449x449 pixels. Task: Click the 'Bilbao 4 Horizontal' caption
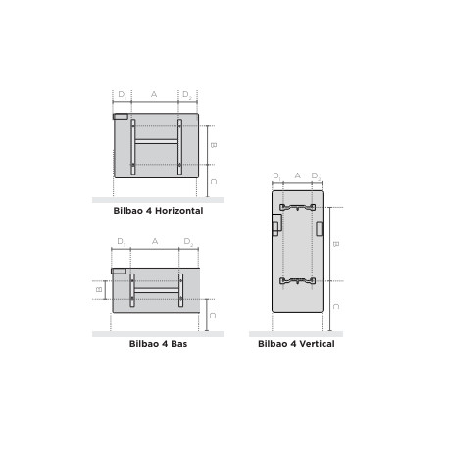(x=158, y=211)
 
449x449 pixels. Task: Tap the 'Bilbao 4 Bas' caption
(x=158, y=344)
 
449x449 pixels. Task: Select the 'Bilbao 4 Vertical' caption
(x=296, y=344)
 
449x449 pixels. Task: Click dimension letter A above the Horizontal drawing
(x=154, y=94)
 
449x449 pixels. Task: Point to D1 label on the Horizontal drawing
(x=122, y=94)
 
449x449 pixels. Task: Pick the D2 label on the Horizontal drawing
(x=187, y=94)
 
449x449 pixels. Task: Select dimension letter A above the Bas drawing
(x=155, y=241)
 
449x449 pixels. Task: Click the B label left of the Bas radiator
(x=99, y=289)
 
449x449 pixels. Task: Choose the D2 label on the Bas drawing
(x=188, y=241)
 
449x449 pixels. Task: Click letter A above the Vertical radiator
(x=297, y=175)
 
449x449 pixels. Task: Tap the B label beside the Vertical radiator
(x=336, y=244)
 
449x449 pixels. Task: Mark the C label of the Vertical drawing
(x=336, y=306)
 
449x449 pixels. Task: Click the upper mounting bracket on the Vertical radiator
(x=297, y=207)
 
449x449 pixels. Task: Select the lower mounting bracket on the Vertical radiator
(x=297, y=281)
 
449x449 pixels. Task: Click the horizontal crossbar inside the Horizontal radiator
(x=156, y=142)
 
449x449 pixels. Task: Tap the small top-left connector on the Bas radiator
(x=119, y=271)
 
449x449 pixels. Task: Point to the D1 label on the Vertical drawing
(x=277, y=175)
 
